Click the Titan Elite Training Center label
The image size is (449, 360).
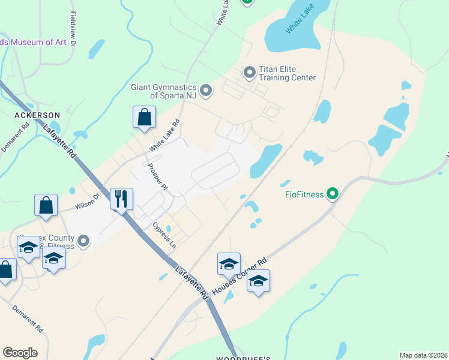click(x=287, y=74)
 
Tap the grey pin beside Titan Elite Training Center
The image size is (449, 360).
click(x=249, y=73)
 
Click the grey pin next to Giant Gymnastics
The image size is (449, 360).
click(x=206, y=91)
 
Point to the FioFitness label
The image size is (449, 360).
click(x=304, y=194)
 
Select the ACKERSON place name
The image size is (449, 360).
click(x=37, y=115)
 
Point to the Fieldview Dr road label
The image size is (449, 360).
click(x=73, y=29)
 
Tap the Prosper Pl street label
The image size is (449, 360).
click(x=157, y=177)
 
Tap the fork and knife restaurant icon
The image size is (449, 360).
click(x=122, y=199)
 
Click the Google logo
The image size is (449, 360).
click(x=20, y=353)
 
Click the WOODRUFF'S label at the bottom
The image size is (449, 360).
click(x=240, y=358)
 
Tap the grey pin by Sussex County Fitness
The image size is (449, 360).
click(x=83, y=241)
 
